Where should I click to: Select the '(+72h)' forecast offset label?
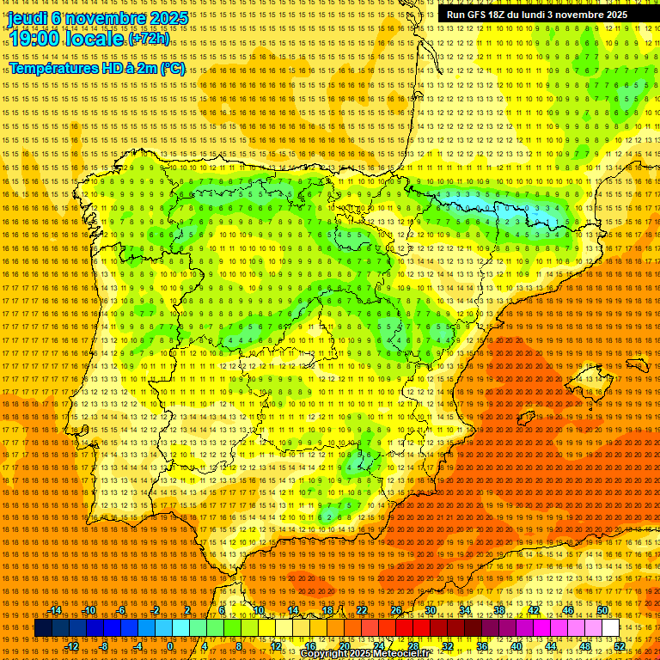[150, 40]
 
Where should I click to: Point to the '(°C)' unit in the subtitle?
[172, 68]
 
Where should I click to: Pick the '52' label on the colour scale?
[620, 645]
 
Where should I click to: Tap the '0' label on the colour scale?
[170, 645]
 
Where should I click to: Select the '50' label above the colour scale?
[602, 610]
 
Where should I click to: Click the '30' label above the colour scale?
[430, 610]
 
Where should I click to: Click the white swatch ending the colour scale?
[610, 628]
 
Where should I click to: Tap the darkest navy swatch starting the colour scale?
[43, 628]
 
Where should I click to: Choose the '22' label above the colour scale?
[361, 610]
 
